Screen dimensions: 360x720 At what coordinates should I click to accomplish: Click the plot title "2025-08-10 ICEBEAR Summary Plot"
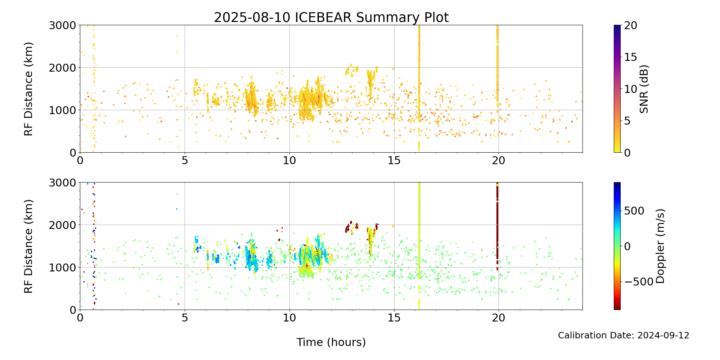[331, 17]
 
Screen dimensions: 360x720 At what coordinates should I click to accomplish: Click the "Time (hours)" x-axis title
[331, 342]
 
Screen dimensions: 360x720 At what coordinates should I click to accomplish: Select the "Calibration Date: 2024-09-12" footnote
[624, 336]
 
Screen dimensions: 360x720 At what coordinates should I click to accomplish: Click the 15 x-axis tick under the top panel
[394, 159]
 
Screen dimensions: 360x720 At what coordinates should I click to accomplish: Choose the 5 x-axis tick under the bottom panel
[185, 318]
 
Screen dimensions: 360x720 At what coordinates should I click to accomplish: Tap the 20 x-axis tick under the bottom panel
[499, 318]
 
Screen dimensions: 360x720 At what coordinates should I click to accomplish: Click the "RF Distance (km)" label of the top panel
[28, 89]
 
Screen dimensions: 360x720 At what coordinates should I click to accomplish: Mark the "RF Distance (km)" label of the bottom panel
[28, 246]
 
